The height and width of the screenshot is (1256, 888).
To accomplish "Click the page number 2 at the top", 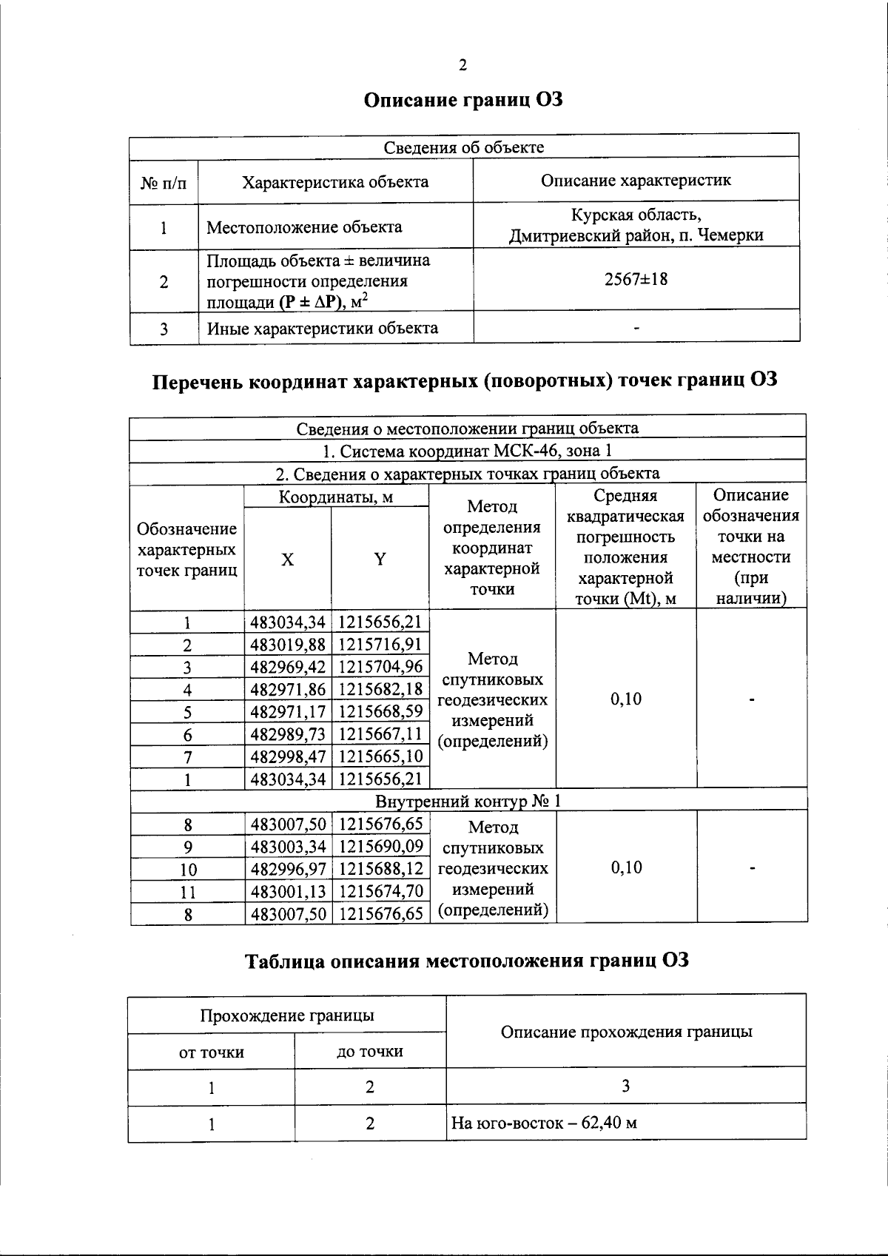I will tap(462, 65).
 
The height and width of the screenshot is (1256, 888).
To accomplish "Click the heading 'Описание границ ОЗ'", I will tap(463, 100).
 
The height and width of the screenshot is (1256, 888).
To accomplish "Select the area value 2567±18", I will tap(636, 280).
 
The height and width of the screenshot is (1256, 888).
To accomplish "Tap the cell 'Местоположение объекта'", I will tap(304, 227).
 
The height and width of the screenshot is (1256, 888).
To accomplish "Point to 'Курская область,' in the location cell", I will tap(636, 215).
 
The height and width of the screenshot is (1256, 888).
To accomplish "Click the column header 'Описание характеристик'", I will tap(636, 180).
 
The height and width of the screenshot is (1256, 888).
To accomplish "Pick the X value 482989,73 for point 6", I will tap(288, 734).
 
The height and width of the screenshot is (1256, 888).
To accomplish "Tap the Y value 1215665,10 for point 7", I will tap(380, 756).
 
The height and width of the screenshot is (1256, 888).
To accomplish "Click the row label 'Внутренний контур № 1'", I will tap(468, 802).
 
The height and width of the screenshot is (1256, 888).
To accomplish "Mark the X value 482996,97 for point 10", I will tap(288, 869).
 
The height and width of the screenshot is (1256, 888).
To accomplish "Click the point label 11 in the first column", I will tap(188, 893).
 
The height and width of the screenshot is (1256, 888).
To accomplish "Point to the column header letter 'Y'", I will tap(380, 560).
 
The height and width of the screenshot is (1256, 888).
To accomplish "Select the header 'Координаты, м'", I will tap(336, 497).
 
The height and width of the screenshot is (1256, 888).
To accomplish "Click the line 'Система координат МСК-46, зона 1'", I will tap(468, 450).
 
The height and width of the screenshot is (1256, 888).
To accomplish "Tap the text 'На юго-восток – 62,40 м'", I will tap(544, 1124).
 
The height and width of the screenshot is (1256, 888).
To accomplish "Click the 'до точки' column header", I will tap(370, 1052).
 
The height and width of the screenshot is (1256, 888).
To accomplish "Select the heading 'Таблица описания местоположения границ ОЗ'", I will tap(467, 961).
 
